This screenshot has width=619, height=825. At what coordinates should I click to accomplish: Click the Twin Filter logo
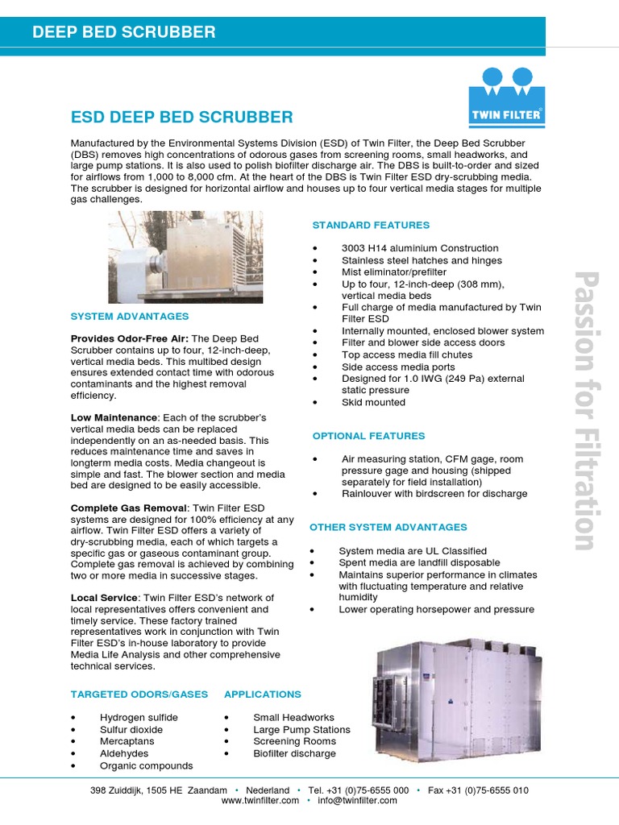click(x=506, y=96)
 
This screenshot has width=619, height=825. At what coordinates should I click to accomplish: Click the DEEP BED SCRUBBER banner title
click(x=123, y=32)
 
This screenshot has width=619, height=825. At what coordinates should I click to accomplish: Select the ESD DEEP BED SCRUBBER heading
click(x=182, y=118)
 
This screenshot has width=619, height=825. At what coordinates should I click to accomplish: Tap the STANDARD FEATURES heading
click(x=371, y=225)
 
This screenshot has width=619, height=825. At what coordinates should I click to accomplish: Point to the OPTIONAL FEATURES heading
click(x=368, y=436)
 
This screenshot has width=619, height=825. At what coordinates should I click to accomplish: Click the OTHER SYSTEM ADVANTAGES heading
click(x=388, y=527)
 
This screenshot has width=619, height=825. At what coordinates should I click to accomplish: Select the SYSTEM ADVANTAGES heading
click(x=130, y=317)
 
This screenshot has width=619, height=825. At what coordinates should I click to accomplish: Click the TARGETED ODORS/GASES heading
click(x=139, y=694)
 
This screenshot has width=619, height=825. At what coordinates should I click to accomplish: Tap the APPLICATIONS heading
click(x=262, y=694)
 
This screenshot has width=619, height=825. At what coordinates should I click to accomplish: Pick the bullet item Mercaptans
click(x=128, y=741)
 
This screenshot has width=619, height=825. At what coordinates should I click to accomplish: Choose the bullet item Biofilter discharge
click(x=294, y=753)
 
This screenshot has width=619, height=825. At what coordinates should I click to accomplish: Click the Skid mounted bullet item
click(x=373, y=402)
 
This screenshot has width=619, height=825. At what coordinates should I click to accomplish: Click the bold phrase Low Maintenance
click(x=114, y=417)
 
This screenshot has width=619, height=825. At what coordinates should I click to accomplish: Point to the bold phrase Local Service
click(x=104, y=598)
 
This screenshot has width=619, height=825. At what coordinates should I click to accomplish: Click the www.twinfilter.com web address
click(x=260, y=800)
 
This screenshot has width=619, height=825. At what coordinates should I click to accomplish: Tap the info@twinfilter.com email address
click(x=357, y=800)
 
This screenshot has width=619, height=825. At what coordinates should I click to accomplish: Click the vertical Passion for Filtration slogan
click(x=584, y=411)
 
